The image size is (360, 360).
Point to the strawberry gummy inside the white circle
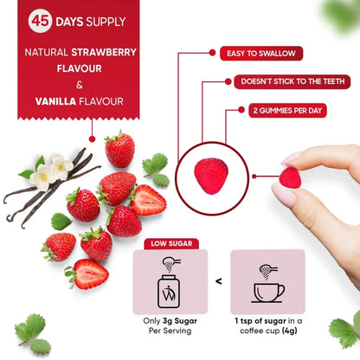tap(209, 176)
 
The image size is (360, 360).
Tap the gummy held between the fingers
tap(290, 177)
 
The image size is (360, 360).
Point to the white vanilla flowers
tap(51, 170)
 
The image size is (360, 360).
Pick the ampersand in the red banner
tap(79, 85)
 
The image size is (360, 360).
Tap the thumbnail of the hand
tap(292, 159)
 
